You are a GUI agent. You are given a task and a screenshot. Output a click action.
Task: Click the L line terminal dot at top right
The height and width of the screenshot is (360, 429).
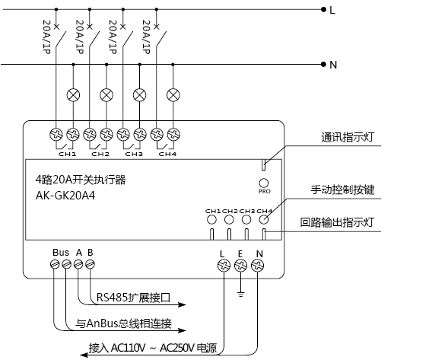324,10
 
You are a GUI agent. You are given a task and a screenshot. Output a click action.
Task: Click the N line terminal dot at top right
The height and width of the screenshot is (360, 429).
324,65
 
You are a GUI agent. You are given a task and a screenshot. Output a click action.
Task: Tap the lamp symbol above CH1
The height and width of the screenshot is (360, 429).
73,95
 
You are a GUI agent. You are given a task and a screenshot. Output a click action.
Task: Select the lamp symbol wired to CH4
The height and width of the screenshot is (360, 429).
173,95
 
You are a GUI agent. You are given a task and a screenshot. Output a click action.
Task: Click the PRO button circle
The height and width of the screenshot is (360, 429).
263,183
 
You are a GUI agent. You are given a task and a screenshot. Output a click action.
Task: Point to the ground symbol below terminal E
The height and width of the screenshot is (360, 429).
240,295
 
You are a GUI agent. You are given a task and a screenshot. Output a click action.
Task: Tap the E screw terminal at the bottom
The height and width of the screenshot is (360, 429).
240,266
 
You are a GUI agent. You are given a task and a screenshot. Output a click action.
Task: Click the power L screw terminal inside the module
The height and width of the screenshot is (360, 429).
224,266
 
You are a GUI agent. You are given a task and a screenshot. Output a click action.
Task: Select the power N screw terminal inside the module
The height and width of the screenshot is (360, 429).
257,266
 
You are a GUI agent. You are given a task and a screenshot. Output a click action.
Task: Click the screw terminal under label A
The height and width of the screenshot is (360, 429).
78,264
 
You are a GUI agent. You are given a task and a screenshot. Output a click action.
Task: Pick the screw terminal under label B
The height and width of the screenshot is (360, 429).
90,264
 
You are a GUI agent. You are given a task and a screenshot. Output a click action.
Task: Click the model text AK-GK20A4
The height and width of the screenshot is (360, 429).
65,196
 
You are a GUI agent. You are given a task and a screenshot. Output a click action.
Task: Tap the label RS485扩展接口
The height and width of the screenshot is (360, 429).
133,298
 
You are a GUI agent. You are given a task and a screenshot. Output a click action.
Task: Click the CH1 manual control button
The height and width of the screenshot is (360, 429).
211,219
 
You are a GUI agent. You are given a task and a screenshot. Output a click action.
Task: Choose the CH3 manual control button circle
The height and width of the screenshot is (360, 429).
246,219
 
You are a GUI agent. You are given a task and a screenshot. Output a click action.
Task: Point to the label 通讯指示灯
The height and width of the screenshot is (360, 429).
348,137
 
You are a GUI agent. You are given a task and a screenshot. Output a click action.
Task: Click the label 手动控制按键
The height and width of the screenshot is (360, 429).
342,190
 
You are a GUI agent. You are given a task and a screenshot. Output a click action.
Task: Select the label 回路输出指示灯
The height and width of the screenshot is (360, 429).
337,222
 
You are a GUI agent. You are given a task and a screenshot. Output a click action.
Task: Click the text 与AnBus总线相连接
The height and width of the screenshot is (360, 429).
123,323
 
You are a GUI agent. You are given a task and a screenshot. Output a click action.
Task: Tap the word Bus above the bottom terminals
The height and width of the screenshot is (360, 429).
61,253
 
